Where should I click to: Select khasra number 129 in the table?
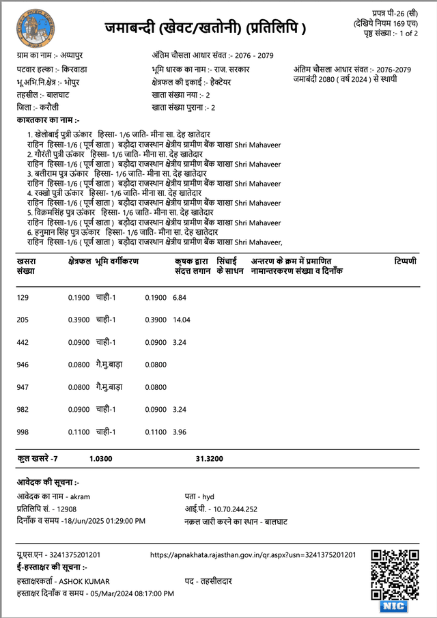(23, 298)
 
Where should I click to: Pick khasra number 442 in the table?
(23, 342)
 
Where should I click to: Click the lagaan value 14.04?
(182, 320)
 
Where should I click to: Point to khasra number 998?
(23, 432)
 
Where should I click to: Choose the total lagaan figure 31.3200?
(209, 459)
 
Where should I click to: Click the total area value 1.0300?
(100, 459)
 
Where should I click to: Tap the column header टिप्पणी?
(405, 262)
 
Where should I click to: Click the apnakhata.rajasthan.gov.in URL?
(252, 555)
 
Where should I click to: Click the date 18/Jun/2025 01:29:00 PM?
(104, 521)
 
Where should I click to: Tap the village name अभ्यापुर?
(70, 53)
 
